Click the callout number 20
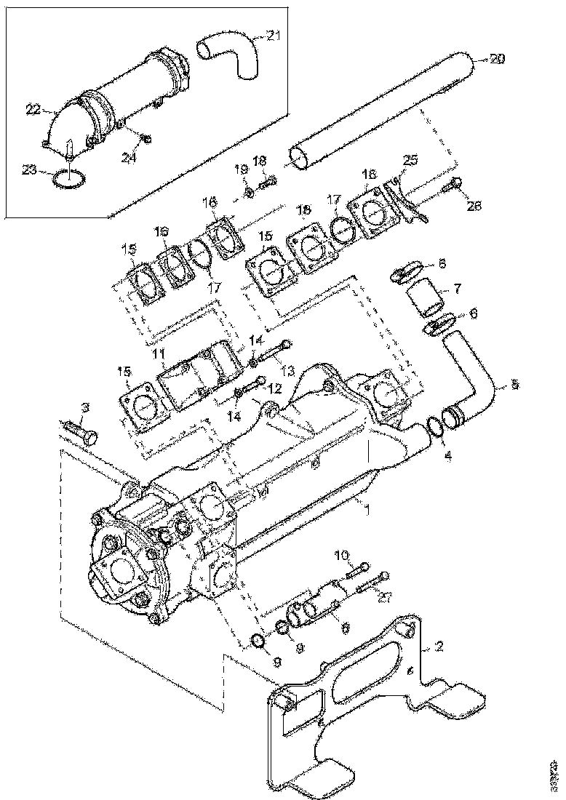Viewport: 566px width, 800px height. coord(496,60)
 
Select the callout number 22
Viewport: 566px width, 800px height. coord(33,110)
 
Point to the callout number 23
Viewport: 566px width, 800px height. coord(28,170)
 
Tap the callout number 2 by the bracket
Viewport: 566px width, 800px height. coord(439,646)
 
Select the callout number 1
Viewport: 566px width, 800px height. coord(368,510)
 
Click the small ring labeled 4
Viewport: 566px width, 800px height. coord(435,428)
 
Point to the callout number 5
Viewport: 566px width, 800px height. coord(515,383)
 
